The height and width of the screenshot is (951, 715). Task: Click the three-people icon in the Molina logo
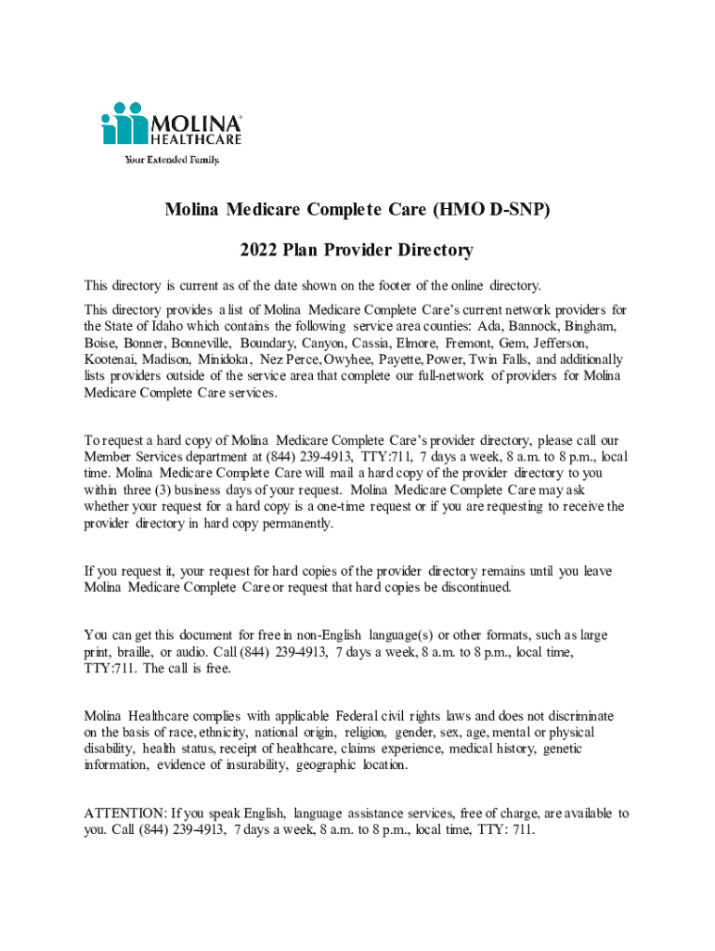(125, 123)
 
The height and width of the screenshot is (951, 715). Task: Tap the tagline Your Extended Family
(173, 160)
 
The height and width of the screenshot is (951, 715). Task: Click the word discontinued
(465, 587)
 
